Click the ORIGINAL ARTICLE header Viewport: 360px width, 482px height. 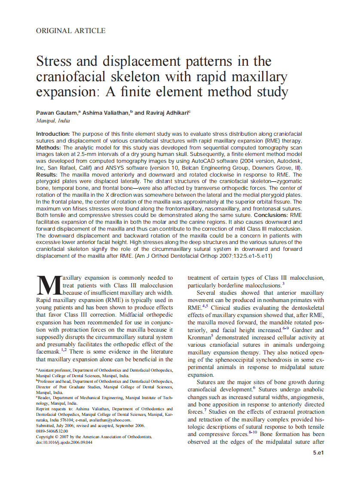(70, 31)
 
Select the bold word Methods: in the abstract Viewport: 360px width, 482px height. (49, 147)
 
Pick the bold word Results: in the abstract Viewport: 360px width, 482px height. (47, 175)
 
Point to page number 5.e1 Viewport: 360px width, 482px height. (317, 453)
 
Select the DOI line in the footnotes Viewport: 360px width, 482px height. (64, 442)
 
